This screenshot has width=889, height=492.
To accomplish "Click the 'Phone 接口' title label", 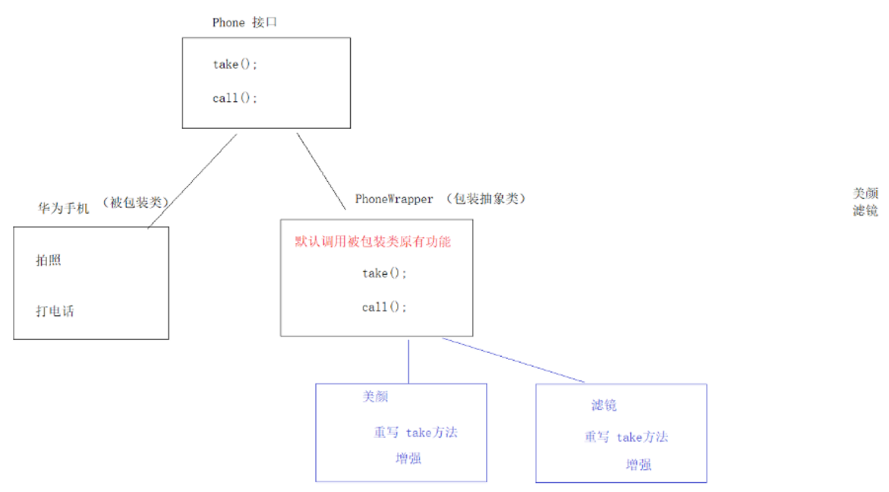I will [244, 23].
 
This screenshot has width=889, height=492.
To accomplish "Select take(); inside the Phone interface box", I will [235, 65].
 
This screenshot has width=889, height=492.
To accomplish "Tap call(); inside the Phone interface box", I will [235, 98].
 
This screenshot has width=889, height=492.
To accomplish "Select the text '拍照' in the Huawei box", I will [48, 260].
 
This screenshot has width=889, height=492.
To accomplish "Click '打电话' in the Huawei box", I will [55, 311].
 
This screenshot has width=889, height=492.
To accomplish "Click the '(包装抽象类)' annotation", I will [486, 199].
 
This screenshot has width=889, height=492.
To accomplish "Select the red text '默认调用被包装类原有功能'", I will [372, 242].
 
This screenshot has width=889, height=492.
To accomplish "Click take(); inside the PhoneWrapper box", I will [384, 273].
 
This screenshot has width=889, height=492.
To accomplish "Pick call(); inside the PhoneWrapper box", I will [384, 307].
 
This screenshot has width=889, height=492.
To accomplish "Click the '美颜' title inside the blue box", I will [376, 396].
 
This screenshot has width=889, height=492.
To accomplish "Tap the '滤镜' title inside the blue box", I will [604, 405].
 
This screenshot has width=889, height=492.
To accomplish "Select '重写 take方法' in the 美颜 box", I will [415, 433].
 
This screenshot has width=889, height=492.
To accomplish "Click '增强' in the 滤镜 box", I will [638, 465].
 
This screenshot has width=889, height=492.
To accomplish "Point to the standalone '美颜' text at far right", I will [865, 194].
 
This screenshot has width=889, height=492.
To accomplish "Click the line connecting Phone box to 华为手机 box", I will [193, 181].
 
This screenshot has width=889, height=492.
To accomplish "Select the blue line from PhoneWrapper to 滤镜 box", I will [514, 360].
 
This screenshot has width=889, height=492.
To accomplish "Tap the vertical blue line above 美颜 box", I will [408, 361].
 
